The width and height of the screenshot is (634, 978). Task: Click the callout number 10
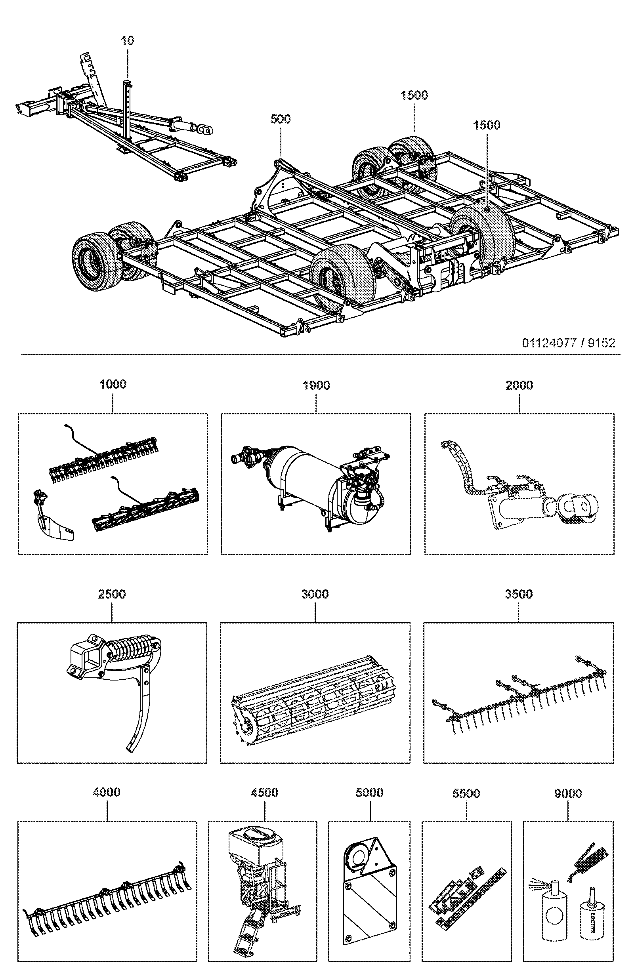click(x=128, y=40)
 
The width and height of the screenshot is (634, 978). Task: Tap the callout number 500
click(x=281, y=119)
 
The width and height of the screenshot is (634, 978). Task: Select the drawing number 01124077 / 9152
click(x=568, y=343)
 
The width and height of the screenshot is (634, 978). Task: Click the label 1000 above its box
click(x=113, y=384)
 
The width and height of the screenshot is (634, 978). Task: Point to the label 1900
click(x=316, y=385)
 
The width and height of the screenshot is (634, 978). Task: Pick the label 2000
click(x=519, y=385)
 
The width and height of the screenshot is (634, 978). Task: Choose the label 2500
click(x=112, y=594)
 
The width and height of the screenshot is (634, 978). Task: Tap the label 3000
click(x=315, y=594)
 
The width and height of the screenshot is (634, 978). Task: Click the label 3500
click(x=518, y=594)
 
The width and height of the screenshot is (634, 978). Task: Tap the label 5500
click(x=466, y=793)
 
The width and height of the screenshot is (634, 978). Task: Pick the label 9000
click(x=568, y=793)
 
